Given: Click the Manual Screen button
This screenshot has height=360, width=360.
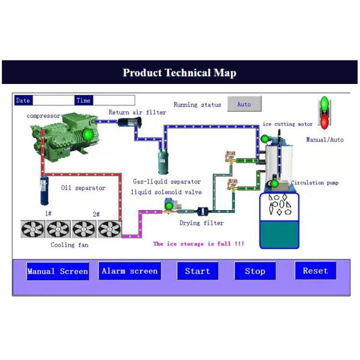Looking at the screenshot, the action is (58, 271).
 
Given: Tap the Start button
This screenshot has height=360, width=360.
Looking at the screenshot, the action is (197, 271).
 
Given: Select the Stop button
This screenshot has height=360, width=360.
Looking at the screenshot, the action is (255, 271).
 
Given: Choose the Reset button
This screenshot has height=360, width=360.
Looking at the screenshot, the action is (315, 271).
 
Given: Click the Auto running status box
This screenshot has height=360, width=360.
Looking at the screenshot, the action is (244, 104).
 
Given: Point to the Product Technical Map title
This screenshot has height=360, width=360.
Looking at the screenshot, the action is (179, 73).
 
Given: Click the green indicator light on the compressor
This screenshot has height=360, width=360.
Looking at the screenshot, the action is (88, 134).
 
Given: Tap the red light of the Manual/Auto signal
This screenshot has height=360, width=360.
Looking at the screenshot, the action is (325, 122).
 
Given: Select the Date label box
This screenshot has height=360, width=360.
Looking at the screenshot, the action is (23, 100).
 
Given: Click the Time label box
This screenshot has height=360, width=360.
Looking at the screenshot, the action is (83, 100).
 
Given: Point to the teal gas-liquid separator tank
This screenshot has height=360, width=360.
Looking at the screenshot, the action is (163, 160).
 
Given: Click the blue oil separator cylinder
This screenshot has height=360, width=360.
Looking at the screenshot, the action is (44, 191).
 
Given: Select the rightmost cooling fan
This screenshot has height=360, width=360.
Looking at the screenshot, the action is (109, 229).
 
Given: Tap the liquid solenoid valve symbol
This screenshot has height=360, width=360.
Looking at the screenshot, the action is (170, 206).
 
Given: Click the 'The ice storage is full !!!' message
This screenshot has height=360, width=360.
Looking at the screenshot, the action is (199, 244).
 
